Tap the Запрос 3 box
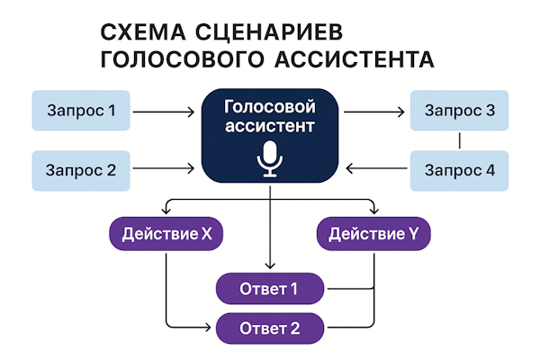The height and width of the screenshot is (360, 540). pyautogui.click(x=459, y=112)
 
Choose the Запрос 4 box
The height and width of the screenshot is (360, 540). pyautogui.click(x=459, y=168)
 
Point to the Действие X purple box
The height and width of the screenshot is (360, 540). pyautogui.click(x=166, y=235)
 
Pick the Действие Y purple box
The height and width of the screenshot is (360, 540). pyautogui.click(x=373, y=235)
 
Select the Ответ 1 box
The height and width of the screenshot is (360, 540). pyautogui.click(x=269, y=289)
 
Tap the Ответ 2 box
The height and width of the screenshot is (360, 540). pyautogui.click(x=269, y=327)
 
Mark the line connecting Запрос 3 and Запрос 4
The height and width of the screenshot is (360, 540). pyautogui.click(x=460, y=140)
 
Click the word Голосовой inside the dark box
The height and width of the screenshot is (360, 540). pyautogui.click(x=270, y=107)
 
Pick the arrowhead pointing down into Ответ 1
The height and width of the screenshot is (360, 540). pyautogui.click(x=270, y=265)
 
